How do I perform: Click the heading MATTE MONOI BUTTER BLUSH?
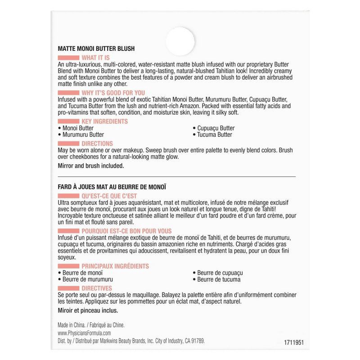click(x=96, y=49)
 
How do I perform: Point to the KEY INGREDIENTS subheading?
click(x=104, y=121)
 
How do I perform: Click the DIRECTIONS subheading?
click(x=97, y=144)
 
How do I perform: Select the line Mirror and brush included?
click(x=90, y=166)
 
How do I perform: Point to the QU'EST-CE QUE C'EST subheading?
click(x=109, y=196)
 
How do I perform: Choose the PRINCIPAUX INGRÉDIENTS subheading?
click(x=115, y=266)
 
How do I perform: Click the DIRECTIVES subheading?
click(x=97, y=288)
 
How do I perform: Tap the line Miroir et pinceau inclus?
click(x=88, y=310)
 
